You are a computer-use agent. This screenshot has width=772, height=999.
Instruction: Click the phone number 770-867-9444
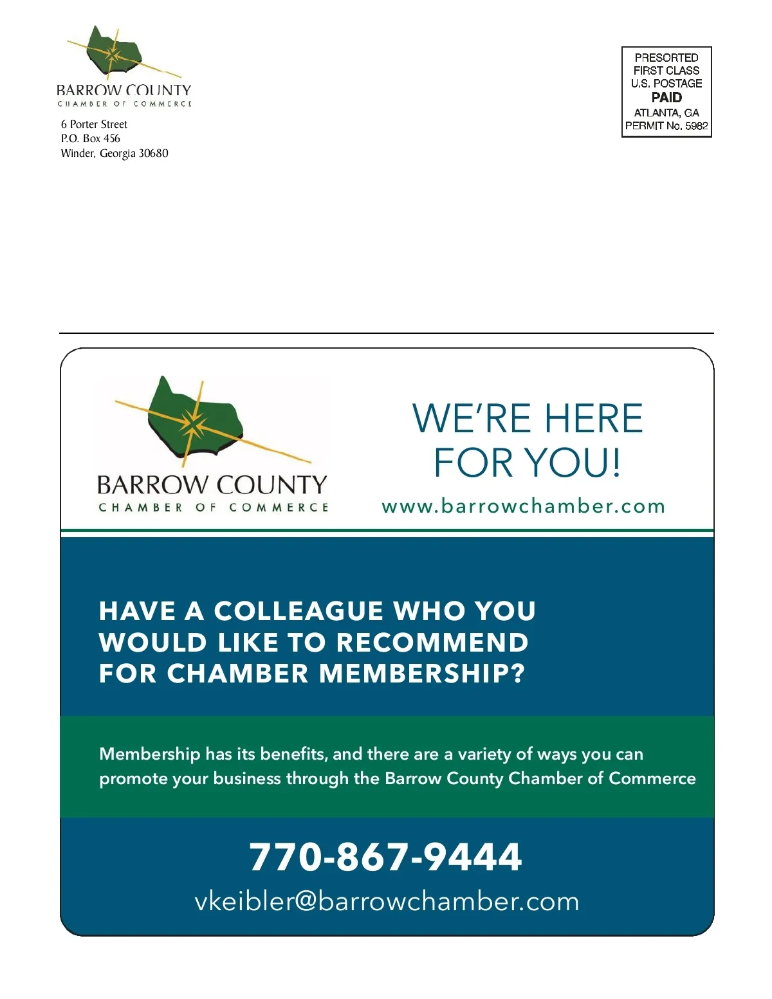click(x=385, y=857)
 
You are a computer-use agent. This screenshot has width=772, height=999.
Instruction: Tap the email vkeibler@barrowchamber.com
click(x=387, y=901)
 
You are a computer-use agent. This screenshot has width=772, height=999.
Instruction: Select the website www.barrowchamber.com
click(x=523, y=506)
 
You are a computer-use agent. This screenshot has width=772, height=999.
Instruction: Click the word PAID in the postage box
click(x=666, y=98)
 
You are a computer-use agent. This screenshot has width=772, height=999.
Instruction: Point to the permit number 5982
click(x=696, y=126)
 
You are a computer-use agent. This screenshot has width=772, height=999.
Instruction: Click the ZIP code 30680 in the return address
click(x=154, y=153)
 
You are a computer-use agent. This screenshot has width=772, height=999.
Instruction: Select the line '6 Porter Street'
click(x=94, y=124)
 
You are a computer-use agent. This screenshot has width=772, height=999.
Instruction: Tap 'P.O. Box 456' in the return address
click(x=90, y=138)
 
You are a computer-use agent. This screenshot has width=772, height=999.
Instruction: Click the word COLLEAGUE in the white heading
click(x=299, y=611)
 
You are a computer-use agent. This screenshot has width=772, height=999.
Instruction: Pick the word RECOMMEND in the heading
click(x=432, y=643)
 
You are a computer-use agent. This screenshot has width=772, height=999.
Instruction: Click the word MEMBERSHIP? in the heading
click(x=422, y=674)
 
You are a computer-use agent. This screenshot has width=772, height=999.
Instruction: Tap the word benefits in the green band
click(x=293, y=753)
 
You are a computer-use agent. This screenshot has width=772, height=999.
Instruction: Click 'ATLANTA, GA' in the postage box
click(x=666, y=113)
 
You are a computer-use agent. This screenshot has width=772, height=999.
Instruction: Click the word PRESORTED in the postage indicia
click(x=666, y=58)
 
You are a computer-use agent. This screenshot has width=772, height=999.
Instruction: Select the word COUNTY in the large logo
click(x=271, y=484)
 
